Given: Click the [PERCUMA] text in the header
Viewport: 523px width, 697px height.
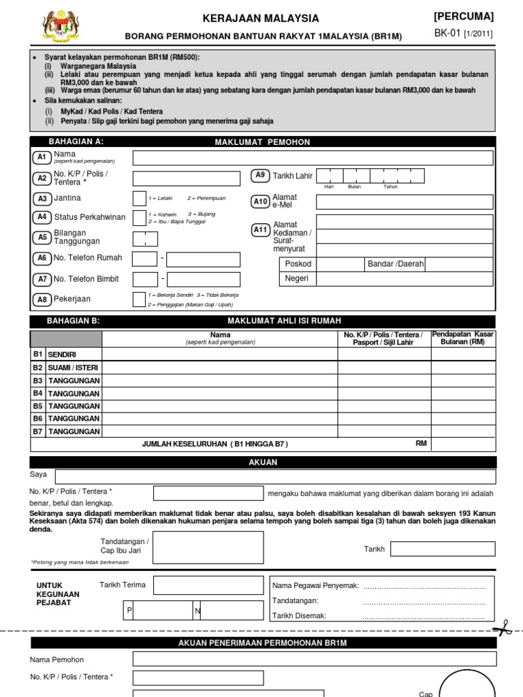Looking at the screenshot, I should pyautogui.click(x=463, y=16).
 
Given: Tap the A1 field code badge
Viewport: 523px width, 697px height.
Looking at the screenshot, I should pyautogui.click(x=42, y=157).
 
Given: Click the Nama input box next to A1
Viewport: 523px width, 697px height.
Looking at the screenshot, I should pyautogui.click(x=313, y=158).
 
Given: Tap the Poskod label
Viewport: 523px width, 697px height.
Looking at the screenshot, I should pyautogui.click(x=298, y=264).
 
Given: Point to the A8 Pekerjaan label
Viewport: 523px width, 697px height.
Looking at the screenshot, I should pyautogui.click(x=72, y=299).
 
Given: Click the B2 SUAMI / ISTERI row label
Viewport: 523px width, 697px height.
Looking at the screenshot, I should pyautogui.click(x=74, y=368).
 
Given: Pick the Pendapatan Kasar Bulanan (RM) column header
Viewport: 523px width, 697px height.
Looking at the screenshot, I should pyautogui.click(x=463, y=338).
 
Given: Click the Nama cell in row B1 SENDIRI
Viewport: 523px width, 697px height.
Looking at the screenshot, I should pyautogui.click(x=219, y=354).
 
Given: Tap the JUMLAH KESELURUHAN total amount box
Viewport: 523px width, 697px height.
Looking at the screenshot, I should pyautogui.click(x=463, y=444).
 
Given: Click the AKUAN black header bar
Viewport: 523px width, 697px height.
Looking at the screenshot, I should pyautogui.click(x=263, y=462).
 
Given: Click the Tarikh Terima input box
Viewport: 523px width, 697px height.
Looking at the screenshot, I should pyautogui.click(x=207, y=585).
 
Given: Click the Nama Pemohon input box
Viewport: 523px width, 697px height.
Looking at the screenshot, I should pyautogui.click(x=313, y=659).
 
